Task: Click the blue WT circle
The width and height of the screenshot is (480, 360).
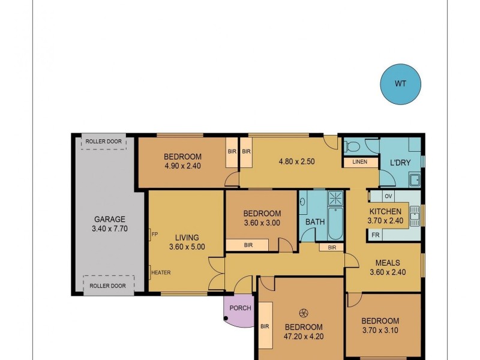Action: coord(400,83)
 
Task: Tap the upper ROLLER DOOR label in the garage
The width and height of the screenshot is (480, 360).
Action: coord(103,142)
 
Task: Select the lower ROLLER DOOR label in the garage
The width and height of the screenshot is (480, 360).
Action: coord(107,286)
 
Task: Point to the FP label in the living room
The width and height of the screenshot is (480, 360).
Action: coord(154,235)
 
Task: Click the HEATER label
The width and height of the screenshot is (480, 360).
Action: coord(161,272)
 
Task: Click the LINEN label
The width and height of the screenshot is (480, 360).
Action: coord(360,162)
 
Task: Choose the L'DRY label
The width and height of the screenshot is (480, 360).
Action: coord(400,163)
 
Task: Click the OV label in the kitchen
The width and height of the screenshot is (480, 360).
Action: coord(388,196)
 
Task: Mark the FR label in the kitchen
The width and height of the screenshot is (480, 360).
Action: coord(375,235)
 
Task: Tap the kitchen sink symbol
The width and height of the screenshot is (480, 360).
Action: coord(415,215)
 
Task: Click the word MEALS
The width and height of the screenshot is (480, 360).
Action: coord(388,263)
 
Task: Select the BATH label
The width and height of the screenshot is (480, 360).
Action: coord(315,221)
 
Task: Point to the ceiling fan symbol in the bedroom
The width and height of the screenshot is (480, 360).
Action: coord(304,312)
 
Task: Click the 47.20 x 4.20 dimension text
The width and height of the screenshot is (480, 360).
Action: coord(303,337)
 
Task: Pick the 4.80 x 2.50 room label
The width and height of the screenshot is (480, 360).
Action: coord(296,161)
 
